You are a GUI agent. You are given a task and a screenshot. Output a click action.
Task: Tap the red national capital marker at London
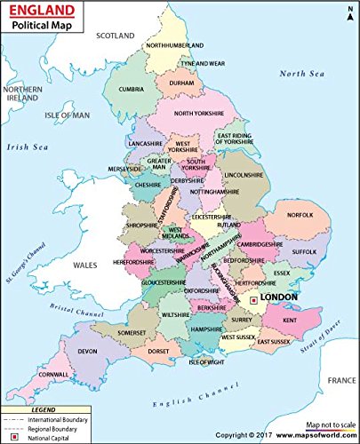(x=254, y=301)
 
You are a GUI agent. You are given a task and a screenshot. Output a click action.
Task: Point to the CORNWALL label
(x=52, y=374)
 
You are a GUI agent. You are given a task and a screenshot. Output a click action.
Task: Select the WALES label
(x=85, y=265)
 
